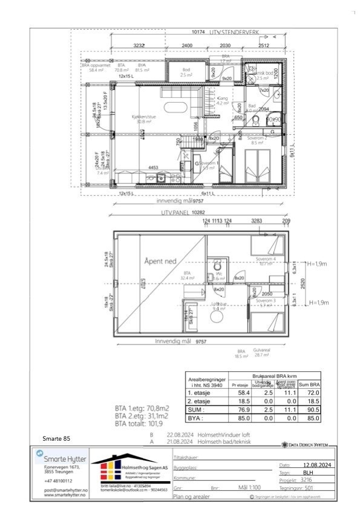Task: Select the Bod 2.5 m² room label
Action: (187, 72)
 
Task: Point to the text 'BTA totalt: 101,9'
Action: (142, 423)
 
